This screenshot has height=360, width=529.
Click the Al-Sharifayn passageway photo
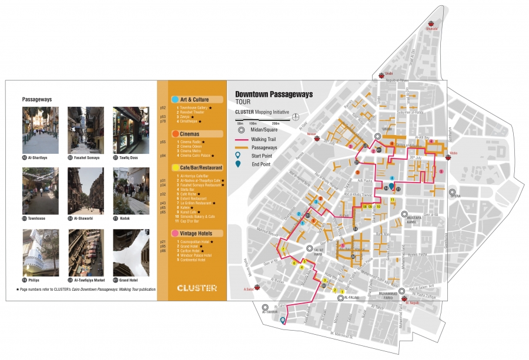(x=41, y=130)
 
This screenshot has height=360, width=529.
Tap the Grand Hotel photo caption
(x=133, y=280)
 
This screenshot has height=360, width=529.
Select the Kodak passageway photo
(x=131, y=191)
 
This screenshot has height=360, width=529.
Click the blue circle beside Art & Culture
(x=175, y=99)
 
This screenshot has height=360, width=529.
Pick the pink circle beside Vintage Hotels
(x=175, y=234)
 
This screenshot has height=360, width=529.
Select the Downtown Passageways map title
(x=274, y=94)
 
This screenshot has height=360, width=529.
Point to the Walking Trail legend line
(x=242, y=139)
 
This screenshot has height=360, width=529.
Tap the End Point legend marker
(x=239, y=164)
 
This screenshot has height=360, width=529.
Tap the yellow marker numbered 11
(x=393, y=200)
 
